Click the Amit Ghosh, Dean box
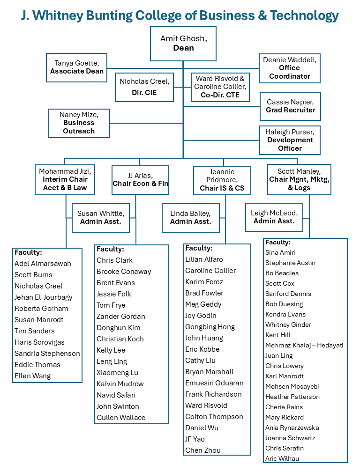183,43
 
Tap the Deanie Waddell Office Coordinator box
290,68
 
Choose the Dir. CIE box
144,87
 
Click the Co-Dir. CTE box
219,87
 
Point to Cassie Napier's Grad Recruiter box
290,106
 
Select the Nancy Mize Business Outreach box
79,123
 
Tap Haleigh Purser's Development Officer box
290,140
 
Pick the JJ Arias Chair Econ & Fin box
140,180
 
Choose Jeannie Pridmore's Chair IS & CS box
222,180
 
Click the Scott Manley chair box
300,179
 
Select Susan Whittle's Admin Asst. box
101,218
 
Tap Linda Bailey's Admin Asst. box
190,218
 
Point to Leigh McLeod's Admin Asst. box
274,217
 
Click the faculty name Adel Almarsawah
43,264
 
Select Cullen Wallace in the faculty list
121,418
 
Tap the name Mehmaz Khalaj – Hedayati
304,345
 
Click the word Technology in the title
300,15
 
